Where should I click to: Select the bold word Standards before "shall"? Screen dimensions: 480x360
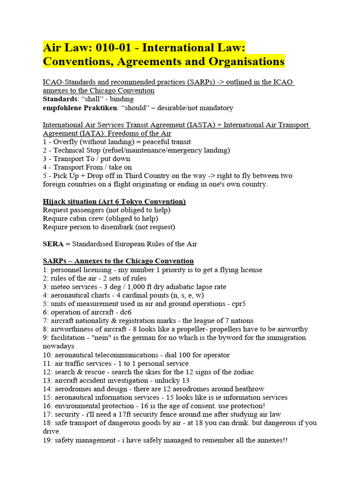tap(60, 99)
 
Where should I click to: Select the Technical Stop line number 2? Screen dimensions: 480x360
tap(45, 150)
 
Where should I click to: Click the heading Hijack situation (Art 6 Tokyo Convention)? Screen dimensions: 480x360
tap(114, 202)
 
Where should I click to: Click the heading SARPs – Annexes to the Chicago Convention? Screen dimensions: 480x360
tap(118, 261)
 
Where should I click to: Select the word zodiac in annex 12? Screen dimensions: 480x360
tap(243, 372)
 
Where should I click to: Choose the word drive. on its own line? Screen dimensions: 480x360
tap(52, 431)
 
